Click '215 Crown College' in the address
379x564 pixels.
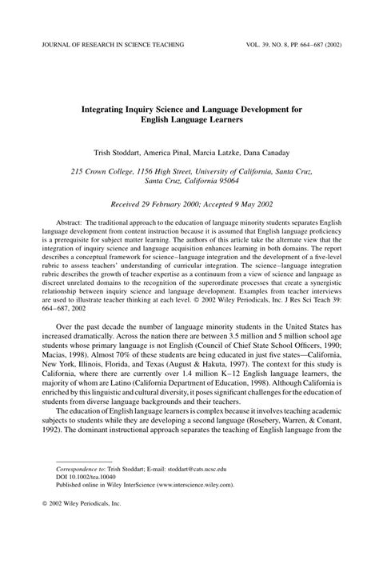100,170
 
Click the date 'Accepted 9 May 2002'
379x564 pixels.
237,204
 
